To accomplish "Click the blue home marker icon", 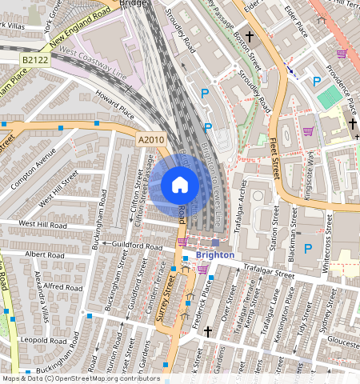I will point(180,185).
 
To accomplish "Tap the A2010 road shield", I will point(150,140).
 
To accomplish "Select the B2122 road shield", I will point(34,59).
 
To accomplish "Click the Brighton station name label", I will point(215,255).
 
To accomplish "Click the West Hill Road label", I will point(44,224).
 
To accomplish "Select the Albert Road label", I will point(44,254).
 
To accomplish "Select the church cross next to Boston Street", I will point(250,37).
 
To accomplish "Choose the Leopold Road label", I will point(44,339).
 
